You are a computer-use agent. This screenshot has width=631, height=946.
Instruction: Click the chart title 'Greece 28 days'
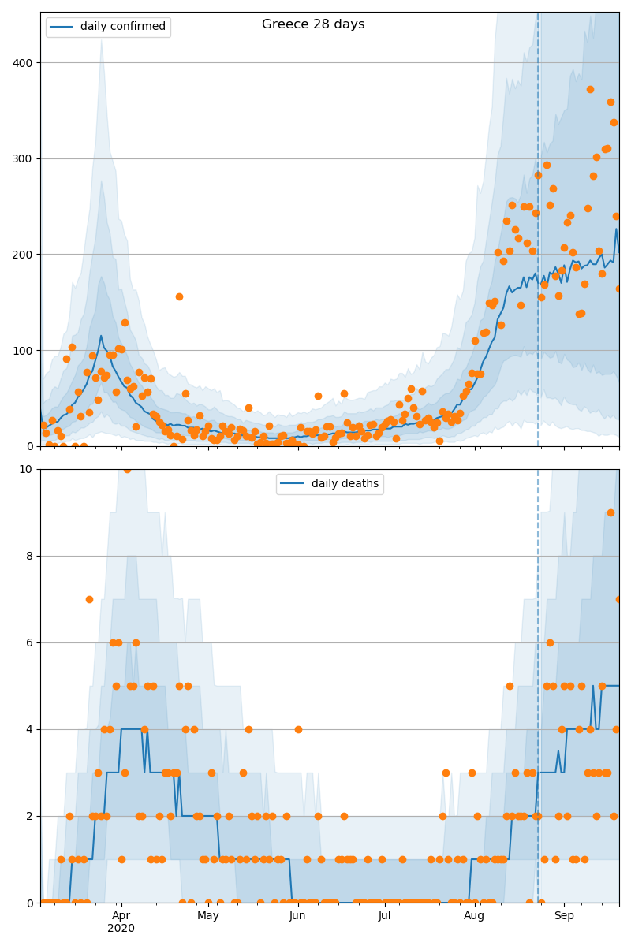(313, 24)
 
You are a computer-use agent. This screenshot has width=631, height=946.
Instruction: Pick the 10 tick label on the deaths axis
(26, 470)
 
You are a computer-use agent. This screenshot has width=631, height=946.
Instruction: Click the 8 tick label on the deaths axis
(29, 556)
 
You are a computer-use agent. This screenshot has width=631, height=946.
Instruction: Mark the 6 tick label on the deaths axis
(29, 642)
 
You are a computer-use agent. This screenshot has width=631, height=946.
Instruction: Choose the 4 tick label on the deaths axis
(29, 729)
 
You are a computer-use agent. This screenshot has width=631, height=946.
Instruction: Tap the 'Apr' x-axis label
(121, 916)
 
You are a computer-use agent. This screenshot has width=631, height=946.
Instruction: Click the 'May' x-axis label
(208, 916)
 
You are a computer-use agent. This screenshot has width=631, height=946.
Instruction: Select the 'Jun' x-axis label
(297, 916)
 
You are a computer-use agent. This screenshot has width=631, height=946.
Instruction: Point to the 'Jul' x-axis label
(384, 916)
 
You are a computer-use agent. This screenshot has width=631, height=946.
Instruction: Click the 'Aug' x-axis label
(474, 916)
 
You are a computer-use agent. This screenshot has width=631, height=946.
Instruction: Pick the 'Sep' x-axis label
(564, 916)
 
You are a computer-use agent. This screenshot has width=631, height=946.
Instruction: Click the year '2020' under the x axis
(121, 929)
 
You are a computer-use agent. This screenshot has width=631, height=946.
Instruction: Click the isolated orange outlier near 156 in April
(179, 296)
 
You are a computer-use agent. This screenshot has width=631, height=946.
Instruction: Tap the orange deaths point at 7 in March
(89, 599)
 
